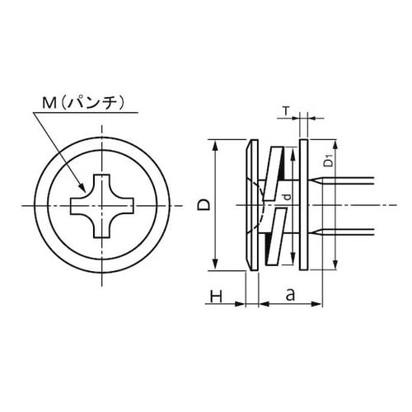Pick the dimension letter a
[290, 293]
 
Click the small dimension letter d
[285, 196]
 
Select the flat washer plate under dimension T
[305, 204]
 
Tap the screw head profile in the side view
[250, 204]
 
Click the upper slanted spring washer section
[270, 169]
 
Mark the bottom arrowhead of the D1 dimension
[336, 265]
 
